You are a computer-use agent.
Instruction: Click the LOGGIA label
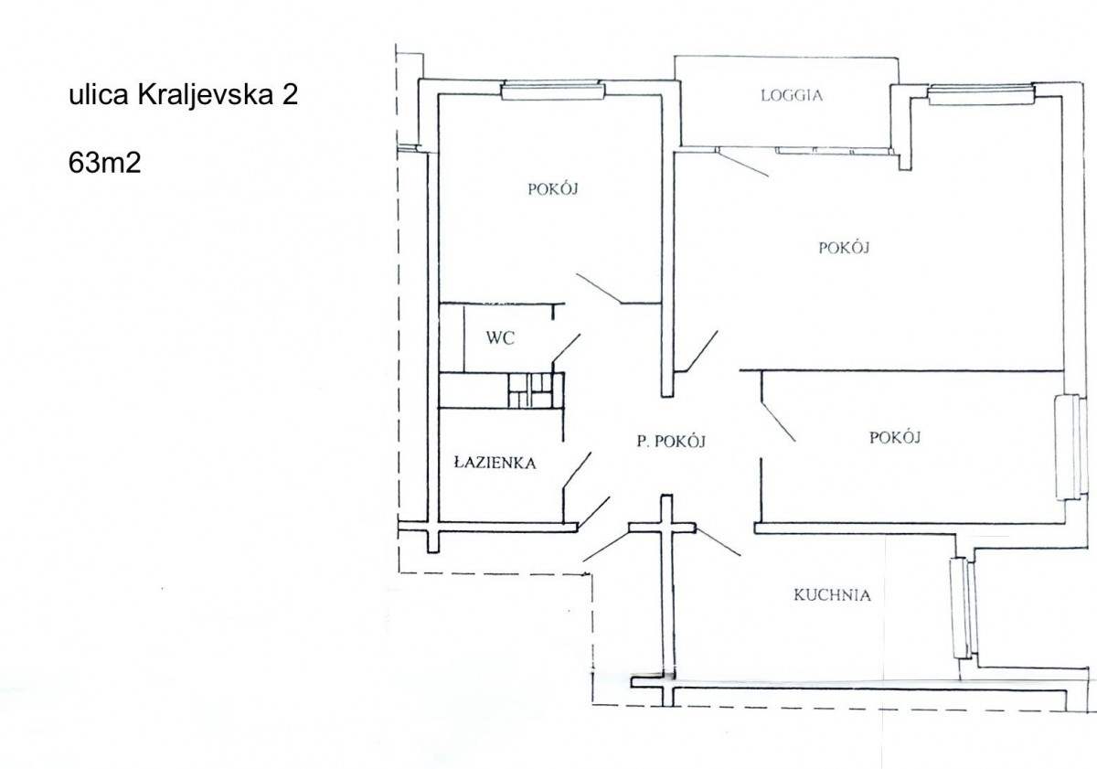tap(792, 95)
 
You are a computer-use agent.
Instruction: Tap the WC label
tap(500, 338)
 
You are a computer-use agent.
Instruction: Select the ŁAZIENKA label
tap(495, 463)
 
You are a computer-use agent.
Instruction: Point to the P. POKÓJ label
tap(671, 442)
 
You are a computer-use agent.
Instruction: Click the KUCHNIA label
tap(832, 595)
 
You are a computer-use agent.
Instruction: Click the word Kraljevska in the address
tap(205, 94)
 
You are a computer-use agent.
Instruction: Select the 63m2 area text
tap(104, 163)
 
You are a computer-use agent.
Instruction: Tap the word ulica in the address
tap(99, 95)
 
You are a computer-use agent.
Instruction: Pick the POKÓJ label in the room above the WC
tap(553, 188)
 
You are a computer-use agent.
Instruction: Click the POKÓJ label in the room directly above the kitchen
tap(895, 437)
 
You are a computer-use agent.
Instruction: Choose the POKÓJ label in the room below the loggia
tap(844, 248)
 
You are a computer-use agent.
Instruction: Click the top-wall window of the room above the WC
tap(553, 91)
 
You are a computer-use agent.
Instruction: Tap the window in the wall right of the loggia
tap(982, 94)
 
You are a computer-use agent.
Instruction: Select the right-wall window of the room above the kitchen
tap(1068, 447)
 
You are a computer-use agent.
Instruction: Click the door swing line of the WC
tap(567, 348)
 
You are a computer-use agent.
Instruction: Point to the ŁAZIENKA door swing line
tap(577, 470)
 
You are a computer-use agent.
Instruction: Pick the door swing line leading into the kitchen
tap(718, 541)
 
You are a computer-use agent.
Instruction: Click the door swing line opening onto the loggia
tap(743, 163)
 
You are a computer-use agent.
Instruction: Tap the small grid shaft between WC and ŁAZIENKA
tap(531, 390)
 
